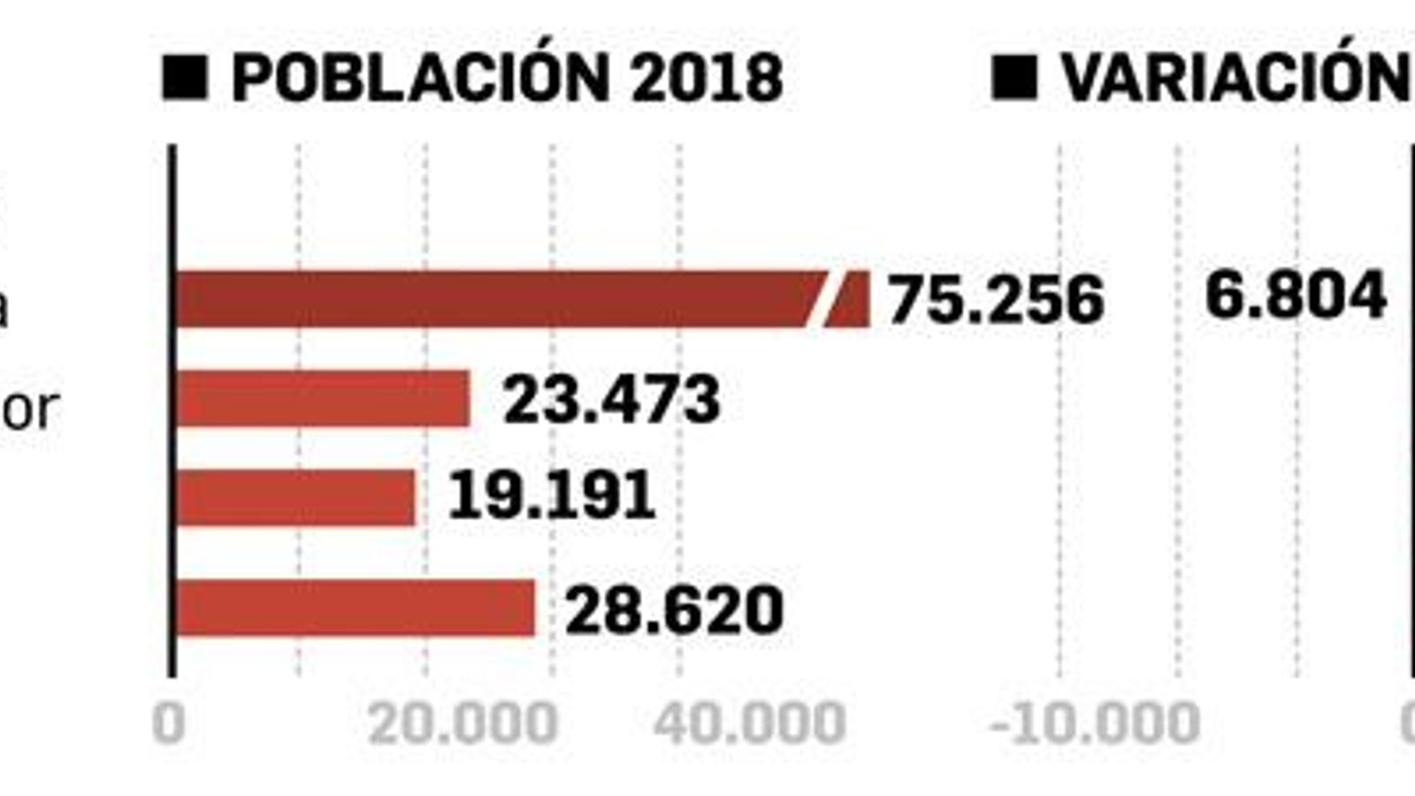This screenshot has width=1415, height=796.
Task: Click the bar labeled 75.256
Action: point(495,299)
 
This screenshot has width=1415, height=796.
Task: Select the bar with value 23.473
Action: point(323,399)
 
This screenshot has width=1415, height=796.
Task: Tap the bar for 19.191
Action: point(295,497)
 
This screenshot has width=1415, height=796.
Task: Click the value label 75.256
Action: point(996,299)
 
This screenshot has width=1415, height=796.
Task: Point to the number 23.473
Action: point(611,400)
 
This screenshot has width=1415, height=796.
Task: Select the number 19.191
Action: point(552,495)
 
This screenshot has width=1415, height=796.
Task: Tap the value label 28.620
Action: point(674,609)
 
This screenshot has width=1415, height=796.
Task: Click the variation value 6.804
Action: point(1295,295)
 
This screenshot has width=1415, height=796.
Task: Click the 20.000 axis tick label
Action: point(463,723)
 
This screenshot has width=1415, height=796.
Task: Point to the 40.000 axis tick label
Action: point(749,723)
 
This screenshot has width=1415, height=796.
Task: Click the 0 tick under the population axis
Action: point(169,723)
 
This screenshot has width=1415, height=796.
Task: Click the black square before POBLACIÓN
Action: point(185,77)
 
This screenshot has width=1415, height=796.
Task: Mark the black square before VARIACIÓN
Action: point(1014,77)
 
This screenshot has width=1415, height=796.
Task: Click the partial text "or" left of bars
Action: point(31,409)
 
